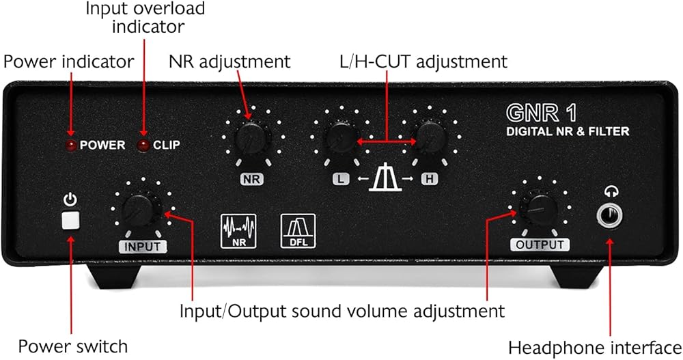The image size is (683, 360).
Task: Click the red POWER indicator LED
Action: [71, 145]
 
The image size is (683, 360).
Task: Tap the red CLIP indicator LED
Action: [143, 145]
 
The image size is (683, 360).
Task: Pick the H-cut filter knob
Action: [430, 138]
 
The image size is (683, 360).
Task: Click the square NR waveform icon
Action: [237, 232]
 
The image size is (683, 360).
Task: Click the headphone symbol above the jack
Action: [611, 192]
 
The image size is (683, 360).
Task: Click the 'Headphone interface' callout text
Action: [594, 346]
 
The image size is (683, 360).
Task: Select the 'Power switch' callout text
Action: [72, 346]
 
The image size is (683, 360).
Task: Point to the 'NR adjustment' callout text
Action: [229, 61]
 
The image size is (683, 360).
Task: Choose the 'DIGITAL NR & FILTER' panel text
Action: [568, 131]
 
